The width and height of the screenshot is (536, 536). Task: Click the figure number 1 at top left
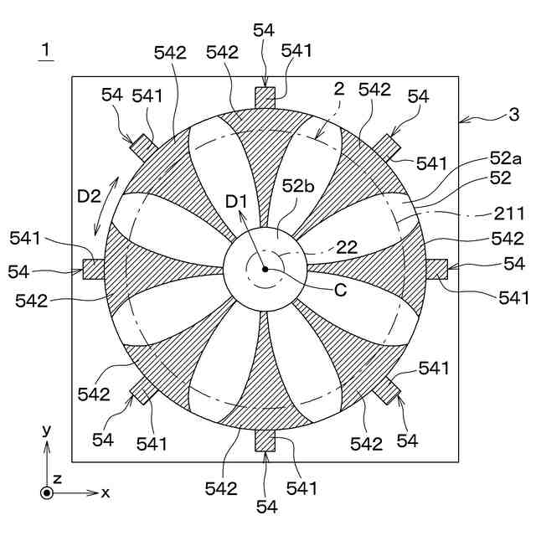[x=46, y=51]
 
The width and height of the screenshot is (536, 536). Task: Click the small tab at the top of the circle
[x=265, y=97]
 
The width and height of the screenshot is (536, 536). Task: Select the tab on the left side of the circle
[x=93, y=269]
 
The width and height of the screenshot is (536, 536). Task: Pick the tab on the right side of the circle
[x=437, y=269]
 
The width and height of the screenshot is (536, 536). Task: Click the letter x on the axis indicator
[x=106, y=493]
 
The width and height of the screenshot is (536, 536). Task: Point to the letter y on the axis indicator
[x=47, y=430]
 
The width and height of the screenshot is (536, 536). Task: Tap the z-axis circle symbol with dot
[x=47, y=492]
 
